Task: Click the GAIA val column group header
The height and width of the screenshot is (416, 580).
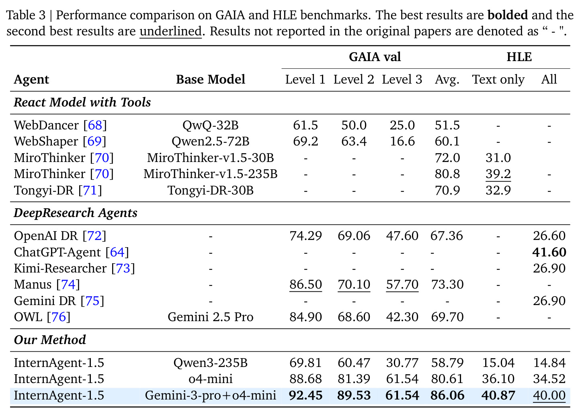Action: pos(375,57)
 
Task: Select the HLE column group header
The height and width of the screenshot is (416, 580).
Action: pos(519,57)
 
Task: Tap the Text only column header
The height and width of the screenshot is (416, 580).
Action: pos(498,79)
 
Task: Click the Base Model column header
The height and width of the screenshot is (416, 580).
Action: pos(211,79)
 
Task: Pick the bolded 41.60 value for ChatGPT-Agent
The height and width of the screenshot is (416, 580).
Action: pos(549,252)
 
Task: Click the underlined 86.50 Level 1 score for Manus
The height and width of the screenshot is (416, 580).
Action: pos(305,284)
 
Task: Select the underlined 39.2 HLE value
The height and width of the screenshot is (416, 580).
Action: pos(498,174)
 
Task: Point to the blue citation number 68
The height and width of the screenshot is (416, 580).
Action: pos(95,125)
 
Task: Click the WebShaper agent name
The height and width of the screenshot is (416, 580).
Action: pos(46,141)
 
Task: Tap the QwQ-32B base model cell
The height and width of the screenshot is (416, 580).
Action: pos(210,125)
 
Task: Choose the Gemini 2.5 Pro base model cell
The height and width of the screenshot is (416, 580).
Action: pos(210,317)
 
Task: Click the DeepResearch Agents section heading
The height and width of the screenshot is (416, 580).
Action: pos(75,213)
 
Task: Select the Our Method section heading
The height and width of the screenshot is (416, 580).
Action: pos(50,340)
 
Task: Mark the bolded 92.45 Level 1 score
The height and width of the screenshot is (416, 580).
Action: pos(305,395)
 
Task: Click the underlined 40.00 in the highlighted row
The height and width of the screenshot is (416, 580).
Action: pos(549,395)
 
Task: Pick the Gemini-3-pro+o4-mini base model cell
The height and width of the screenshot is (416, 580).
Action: pos(210,396)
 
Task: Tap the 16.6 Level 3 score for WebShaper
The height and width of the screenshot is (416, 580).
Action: pos(402,141)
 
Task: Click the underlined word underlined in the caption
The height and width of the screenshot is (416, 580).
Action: pos(170,31)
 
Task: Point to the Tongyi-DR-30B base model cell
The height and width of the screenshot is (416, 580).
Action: pos(210,190)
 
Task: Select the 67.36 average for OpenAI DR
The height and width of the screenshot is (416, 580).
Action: pos(447,236)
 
